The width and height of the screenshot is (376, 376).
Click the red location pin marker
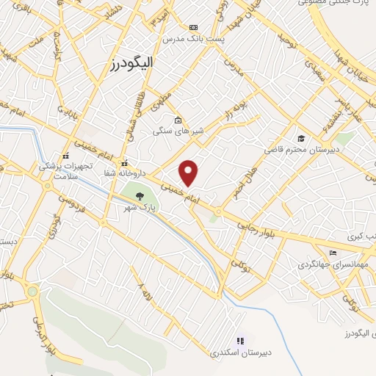(189, 173)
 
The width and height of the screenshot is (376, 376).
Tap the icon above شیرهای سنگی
(177, 120)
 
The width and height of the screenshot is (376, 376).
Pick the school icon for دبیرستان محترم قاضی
(300, 138)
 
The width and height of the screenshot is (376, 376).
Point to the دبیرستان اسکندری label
(242, 352)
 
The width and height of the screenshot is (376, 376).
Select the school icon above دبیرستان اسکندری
(240, 341)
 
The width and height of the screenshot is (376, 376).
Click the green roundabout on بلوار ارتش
(32, 292)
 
